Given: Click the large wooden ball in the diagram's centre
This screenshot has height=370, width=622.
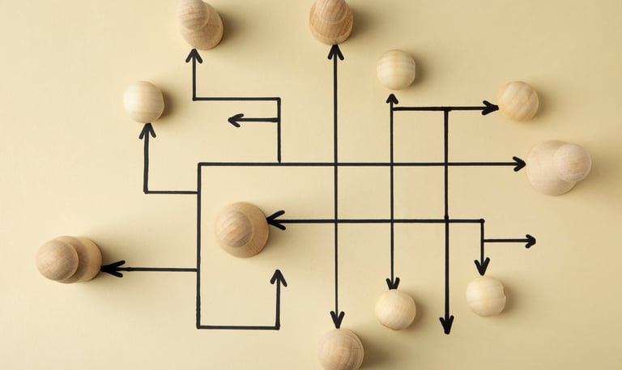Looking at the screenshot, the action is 241,229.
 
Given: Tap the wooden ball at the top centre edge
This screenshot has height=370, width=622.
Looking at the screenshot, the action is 331,20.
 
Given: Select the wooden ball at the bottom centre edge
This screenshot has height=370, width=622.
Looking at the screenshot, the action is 340,350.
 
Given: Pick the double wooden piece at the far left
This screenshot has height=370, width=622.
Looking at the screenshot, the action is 68,259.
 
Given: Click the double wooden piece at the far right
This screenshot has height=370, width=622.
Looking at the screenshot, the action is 558,167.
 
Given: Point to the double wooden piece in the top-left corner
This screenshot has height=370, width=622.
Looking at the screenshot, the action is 200,23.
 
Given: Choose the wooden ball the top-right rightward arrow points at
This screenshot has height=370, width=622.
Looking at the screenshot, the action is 518,101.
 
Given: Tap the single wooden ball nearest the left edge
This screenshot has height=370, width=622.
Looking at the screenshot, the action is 143,102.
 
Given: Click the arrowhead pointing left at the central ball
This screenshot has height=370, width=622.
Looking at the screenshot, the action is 275,220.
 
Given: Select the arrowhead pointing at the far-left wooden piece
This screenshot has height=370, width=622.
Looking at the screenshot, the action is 111,268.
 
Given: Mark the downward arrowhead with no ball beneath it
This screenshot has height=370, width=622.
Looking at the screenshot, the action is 446,325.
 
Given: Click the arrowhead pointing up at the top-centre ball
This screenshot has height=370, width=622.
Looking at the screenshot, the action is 335,53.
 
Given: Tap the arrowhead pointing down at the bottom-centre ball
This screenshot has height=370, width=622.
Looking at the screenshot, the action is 337,319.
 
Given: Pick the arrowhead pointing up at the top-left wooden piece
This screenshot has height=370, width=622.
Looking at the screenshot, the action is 194,56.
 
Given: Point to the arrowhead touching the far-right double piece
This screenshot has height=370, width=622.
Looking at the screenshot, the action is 518,164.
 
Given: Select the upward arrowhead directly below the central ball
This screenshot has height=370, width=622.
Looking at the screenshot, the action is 279,278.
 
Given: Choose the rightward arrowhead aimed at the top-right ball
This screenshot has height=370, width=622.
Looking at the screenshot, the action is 490,108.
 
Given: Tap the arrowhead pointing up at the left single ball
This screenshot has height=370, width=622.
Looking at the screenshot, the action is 147,130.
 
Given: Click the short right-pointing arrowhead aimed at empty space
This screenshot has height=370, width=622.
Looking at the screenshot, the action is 529,240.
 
